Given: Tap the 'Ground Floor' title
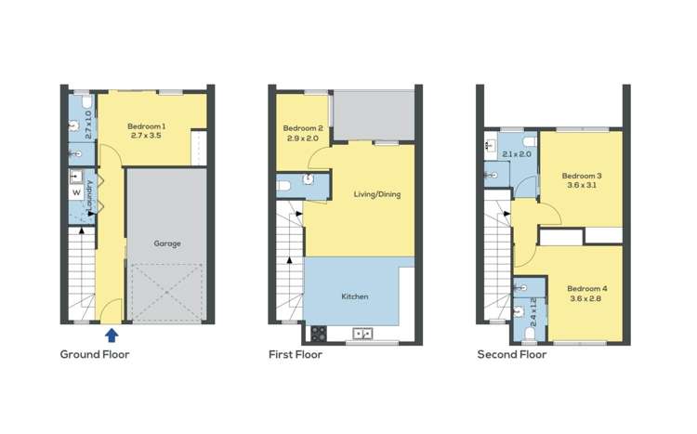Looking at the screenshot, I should pyautogui.click(x=95, y=354).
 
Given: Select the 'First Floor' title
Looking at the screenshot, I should pyautogui.click(x=296, y=354).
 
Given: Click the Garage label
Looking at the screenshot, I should pyautogui.click(x=167, y=243).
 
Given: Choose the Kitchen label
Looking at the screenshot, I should pyautogui.click(x=355, y=296).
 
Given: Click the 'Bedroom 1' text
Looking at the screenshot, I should pyautogui.click(x=146, y=126).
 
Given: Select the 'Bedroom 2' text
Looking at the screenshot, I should pyautogui.click(x=303, y=128).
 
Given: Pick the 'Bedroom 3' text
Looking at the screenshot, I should pyautogui.click(x=582, y=176).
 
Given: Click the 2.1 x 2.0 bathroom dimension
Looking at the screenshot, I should pyautogui.click(x=517, y=154).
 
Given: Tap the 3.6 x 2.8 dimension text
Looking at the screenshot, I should pyautogui.click(x=585, y=298).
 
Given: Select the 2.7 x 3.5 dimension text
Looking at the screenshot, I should pyautogui.click(x=146, y=137).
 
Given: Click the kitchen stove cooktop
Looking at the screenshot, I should pyautogui.click(x=318, y=333).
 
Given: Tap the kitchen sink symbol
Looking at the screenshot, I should pyautogui.click(x=361, y=333).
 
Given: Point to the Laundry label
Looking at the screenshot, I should pyautogui.click(x=89, y=194).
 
